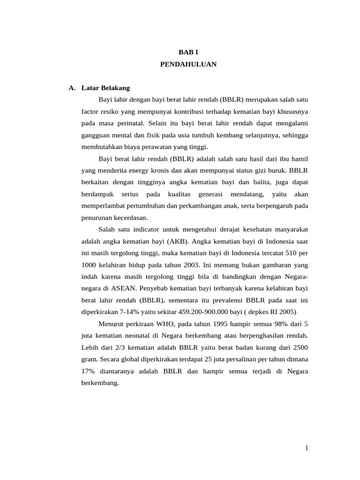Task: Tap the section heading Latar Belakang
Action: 105,88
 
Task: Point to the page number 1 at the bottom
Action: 307,449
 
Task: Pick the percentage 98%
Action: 279,323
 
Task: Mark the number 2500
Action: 300,347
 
